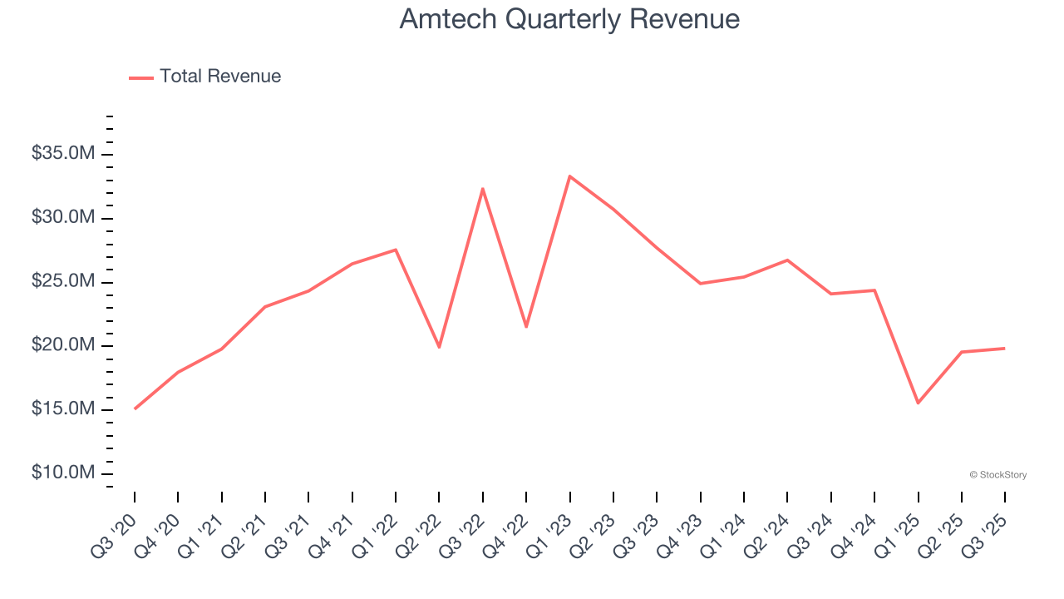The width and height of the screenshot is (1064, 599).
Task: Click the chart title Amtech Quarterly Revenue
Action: coord(569,19)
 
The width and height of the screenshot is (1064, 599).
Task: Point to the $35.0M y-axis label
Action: coord(63,154)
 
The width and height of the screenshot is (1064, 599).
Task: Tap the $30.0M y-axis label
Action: coord(63,218)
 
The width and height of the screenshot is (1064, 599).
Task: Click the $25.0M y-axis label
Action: coord(63,282)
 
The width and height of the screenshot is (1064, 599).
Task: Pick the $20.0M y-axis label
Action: coord(63,346)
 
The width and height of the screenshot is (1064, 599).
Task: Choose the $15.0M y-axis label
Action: coord(63,409)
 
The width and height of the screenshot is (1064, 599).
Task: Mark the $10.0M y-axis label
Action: coord(63,473)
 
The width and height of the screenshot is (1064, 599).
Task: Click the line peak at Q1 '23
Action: coord(569,176)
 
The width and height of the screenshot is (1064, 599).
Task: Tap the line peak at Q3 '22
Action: coord(483,189)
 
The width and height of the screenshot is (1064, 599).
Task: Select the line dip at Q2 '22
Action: coord(439,347)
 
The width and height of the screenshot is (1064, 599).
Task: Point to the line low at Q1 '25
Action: coord(918,403)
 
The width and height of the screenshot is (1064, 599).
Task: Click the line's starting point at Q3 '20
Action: coord(135,408)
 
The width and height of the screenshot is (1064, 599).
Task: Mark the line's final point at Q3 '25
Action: coord(1004,349)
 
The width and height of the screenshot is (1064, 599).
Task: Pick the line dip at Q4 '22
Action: coord(526,327)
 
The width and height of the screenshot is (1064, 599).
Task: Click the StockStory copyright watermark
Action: coord(997,475)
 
